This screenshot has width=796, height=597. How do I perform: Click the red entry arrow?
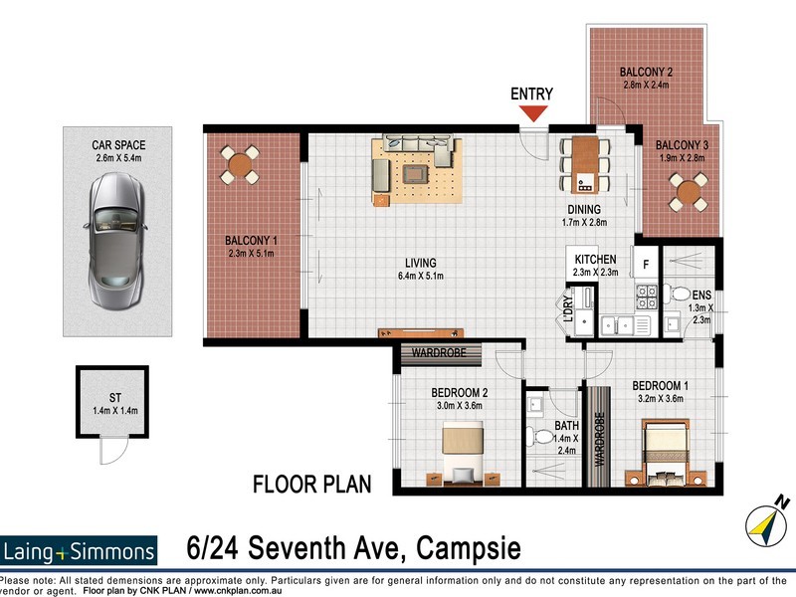click(x=535, y=112)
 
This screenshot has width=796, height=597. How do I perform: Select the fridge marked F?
click(x=646, y=265)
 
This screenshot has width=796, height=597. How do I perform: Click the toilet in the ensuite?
click(x=681, y=294)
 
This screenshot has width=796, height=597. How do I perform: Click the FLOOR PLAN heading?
click(x=311, y=486)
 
